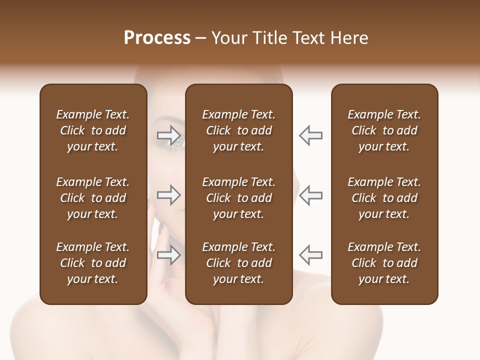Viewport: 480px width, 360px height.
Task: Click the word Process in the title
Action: coord(157,38)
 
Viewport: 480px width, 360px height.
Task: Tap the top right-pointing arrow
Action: coord(169,135)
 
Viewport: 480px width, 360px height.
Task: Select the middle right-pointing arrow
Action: coord(169,195)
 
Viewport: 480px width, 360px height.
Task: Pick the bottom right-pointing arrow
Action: coord(169,255)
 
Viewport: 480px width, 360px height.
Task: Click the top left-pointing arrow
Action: coord(311,135)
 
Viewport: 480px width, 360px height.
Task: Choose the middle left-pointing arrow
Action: coord(311,195)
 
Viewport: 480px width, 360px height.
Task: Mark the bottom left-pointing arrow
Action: coord(311,255)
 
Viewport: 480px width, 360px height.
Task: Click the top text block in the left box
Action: coord(93,130)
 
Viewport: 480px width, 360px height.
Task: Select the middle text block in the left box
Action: coord(93,198)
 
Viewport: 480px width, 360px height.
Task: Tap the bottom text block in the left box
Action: coord(93,263)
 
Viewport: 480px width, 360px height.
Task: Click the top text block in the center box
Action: coord(238,130)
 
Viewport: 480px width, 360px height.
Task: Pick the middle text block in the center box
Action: coord(238,198)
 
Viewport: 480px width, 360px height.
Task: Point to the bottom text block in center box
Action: coord(238,263)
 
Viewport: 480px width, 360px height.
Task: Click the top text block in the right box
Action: coord(384,130)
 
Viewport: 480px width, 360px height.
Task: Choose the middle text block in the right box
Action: coord(384,198)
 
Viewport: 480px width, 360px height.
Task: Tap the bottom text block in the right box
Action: coord(384,263)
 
